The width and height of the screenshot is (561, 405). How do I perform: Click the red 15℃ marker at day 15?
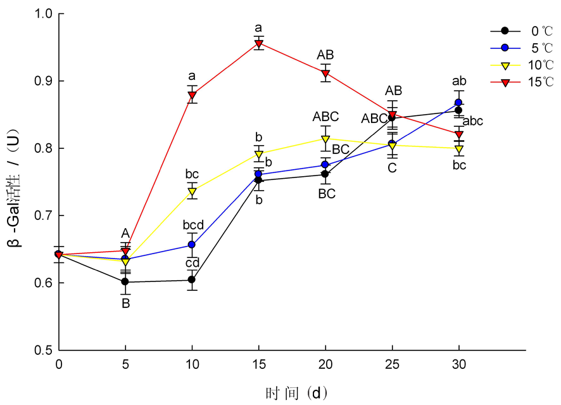(258, 44)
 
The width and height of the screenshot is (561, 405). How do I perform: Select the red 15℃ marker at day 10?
(192, 95)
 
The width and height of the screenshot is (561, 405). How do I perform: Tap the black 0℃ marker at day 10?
(192, 280)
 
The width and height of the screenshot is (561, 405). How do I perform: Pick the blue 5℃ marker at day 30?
(458, 102)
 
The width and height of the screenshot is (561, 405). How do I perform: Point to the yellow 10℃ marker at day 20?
(325, 139)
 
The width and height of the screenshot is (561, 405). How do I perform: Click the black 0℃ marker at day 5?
(125, 281)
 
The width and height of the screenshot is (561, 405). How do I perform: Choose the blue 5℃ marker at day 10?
(192, 245)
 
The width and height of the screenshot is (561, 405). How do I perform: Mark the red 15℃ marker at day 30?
(458, 134)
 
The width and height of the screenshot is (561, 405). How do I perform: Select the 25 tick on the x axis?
(392, 364)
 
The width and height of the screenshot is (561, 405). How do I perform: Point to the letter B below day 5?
(125, 304)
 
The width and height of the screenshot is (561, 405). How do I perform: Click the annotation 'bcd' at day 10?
(192, 224)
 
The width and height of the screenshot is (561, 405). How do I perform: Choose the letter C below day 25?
(392, 168)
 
